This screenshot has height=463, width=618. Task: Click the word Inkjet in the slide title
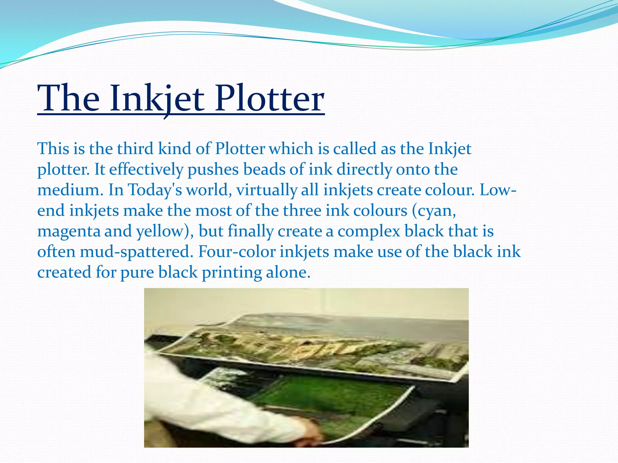pos(157,99)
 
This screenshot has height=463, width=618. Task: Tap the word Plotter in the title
pos(269,99)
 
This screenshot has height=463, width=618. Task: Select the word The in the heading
pos(68,99)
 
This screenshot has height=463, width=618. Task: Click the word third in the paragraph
pos(135,149)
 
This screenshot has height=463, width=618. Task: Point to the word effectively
pos(146,169)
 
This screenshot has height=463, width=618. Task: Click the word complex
pos(369,231)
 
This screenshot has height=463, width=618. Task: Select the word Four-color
pos(237,252)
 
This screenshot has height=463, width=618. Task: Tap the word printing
pos(232,272)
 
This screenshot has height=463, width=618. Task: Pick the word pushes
pos(213,169)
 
